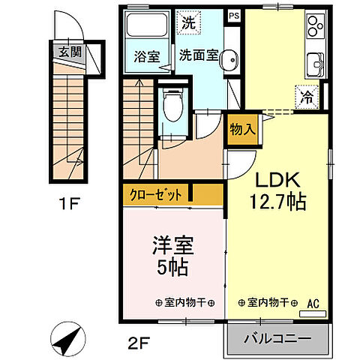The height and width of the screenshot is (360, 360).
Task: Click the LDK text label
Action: pos(279,181)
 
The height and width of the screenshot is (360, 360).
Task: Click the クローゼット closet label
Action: pos(157,195)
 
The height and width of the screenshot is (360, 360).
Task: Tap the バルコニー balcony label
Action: pos(277,339)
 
